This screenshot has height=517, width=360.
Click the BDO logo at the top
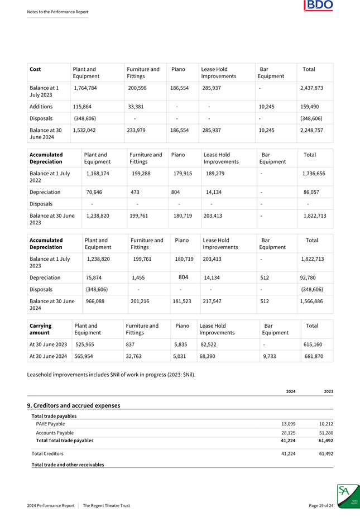[318, 6]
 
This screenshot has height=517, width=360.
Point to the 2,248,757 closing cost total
[311, 130]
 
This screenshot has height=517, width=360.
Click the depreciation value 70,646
[98, 192]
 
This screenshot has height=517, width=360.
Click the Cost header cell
[34, 69]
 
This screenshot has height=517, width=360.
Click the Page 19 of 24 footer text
[321, 505]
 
